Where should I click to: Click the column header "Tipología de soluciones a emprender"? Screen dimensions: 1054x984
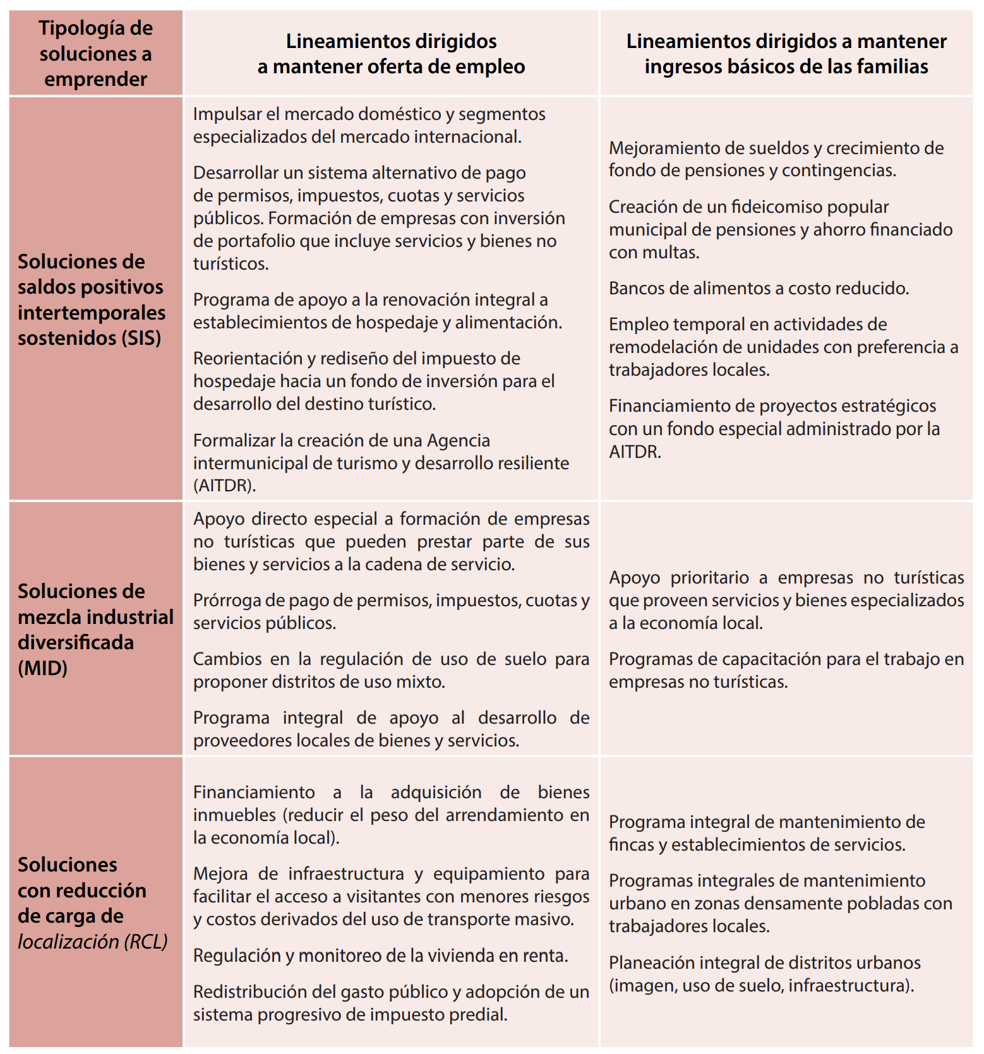[x=95, y=54]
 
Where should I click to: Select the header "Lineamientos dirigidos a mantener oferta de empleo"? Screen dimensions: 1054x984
[x=391, y=54]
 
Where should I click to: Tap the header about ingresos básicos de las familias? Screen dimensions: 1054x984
[x=786, y=54]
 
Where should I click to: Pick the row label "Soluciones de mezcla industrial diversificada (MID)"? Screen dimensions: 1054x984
[x=95, y=629]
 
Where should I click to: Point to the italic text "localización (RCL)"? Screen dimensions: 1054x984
[x=93, y=941]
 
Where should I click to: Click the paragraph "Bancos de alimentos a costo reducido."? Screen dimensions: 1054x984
[x=759, y=288]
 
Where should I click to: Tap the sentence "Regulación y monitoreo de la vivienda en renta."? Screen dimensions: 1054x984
[x=380, y=955]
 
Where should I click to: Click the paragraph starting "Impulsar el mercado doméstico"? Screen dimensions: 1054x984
[x=369, y=125]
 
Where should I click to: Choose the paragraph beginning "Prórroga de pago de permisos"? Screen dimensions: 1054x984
[x=391, y=611]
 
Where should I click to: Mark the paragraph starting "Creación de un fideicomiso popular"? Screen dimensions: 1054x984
[x=780, y=229]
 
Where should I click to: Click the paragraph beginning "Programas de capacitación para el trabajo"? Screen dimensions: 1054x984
[x=786, y=670]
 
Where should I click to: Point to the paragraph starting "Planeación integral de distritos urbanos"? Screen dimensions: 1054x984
[x=764, y=974]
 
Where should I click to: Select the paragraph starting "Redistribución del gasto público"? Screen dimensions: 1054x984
[x=391, y=1003]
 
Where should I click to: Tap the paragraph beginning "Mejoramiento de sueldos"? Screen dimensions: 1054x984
[x=776, y=159]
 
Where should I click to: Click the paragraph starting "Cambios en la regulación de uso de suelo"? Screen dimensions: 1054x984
[x=391, y=670]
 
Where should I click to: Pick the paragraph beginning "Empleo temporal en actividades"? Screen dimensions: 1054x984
[x=783, y=347]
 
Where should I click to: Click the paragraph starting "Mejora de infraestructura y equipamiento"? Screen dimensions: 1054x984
[x=391, y=896]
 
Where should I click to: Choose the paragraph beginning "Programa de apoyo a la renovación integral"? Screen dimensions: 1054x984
[x=377, y=311]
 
